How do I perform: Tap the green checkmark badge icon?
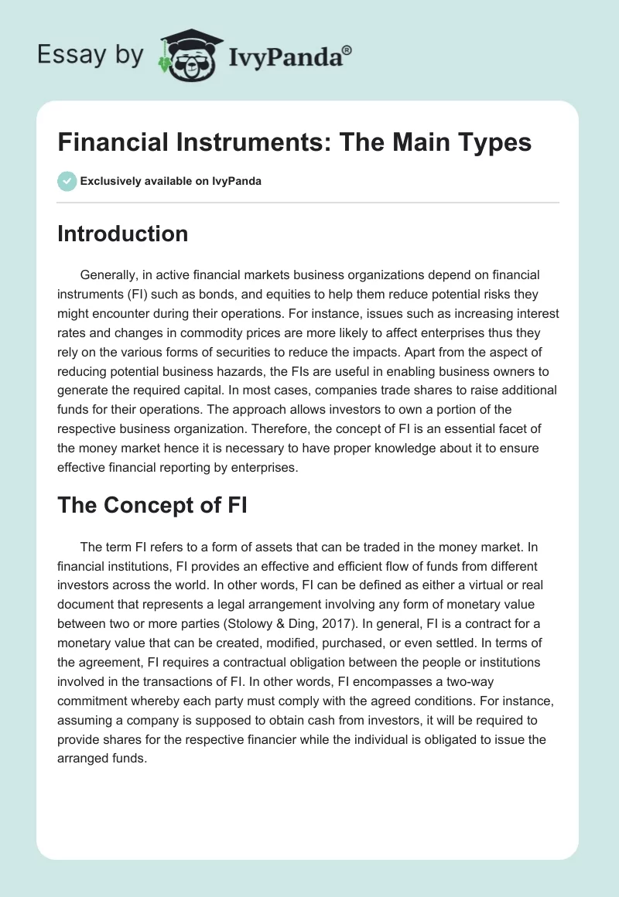coord(67,181)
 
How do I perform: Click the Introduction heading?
coord(122,234)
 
